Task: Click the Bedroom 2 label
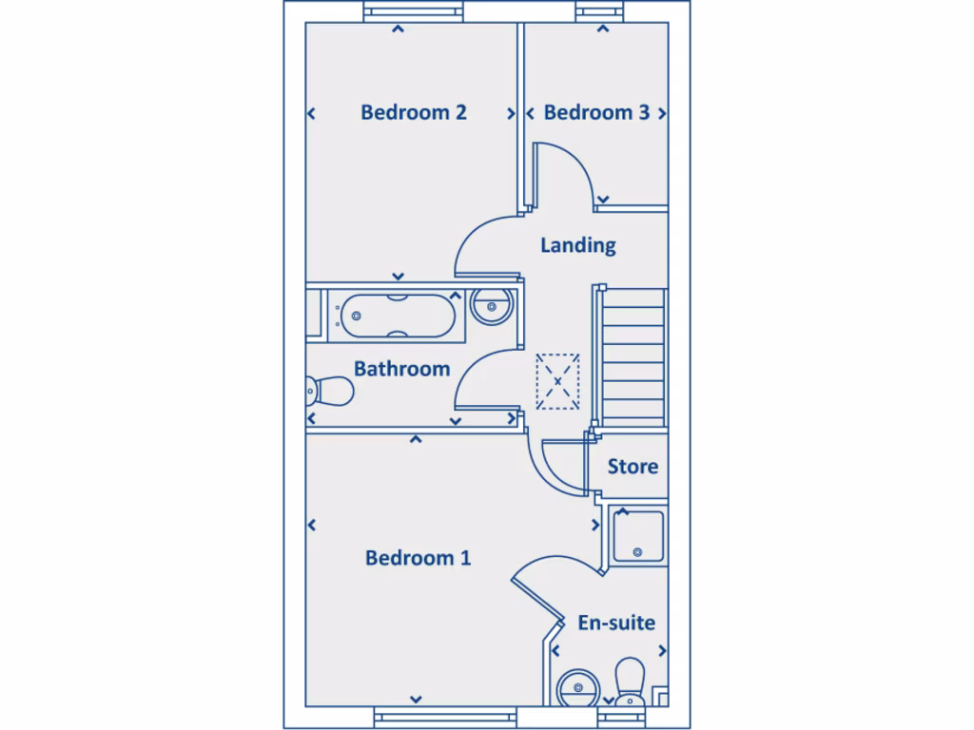[413, 112]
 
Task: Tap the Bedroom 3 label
[596, 112]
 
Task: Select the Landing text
[577, 245]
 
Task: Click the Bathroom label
[401, 369]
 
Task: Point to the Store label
[633, 467]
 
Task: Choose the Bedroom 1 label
[418, 558]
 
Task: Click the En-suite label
[616, 624]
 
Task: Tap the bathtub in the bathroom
[398, 316]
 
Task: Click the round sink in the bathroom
[492, 305]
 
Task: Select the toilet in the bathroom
[329, 389]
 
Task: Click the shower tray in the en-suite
[637, 536]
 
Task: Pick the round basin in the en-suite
[578, 686]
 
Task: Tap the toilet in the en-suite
[630, 682]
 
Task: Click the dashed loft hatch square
[557, 380]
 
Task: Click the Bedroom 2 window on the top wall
[414, 11]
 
